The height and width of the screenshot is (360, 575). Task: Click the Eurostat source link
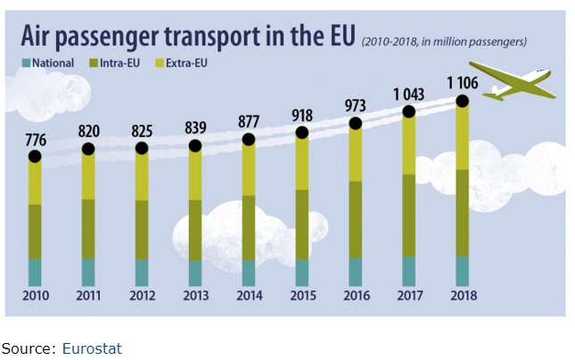(92, 348)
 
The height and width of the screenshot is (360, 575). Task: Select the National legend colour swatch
(26, 63)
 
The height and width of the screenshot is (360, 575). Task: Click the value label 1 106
(463, 83)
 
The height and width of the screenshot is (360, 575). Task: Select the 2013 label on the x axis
(195, 295)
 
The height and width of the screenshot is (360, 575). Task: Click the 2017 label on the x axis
(409, 295)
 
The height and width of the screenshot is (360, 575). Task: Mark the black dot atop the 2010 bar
(35, 156)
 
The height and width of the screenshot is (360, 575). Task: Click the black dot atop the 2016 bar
(356, 124)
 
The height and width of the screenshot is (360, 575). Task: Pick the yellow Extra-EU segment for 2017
(409, 143)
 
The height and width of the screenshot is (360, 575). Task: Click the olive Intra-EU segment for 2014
(249, 227)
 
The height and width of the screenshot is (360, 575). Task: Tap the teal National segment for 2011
(88, 272)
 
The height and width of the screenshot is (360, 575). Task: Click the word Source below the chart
(28, 348)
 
